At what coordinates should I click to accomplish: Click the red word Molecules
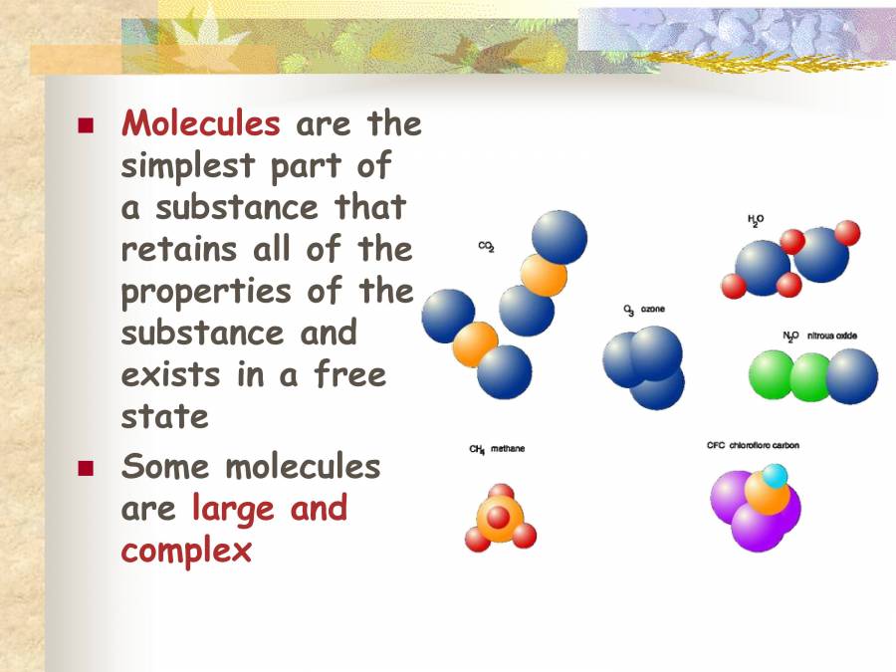point(200,123)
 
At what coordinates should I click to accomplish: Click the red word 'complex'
point(186,550)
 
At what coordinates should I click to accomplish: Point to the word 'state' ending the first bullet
point(164,415)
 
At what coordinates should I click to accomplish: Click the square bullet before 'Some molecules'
point(86,467)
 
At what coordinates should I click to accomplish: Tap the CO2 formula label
point(486,247)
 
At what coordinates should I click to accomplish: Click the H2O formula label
point(756,219)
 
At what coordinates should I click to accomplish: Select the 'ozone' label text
point(653,310)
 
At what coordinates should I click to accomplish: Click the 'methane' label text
point(507,449)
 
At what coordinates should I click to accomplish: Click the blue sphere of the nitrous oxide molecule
point(852,376)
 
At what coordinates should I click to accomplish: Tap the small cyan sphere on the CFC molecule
point(775,475)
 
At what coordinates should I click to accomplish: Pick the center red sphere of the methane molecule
point(498,517)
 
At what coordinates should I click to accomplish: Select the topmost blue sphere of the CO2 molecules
point(560,237)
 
